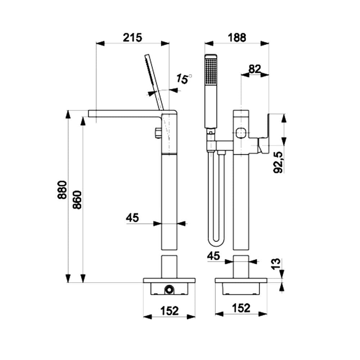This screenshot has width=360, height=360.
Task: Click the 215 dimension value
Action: click(132, 37)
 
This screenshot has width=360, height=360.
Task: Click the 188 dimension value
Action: click(237, 37)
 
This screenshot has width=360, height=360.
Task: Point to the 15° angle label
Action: click(184, 79)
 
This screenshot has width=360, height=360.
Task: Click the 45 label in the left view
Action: click(132, 217)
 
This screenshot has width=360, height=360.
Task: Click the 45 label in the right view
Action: click(213, 256)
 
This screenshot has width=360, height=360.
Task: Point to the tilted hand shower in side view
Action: click(154, 81)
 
